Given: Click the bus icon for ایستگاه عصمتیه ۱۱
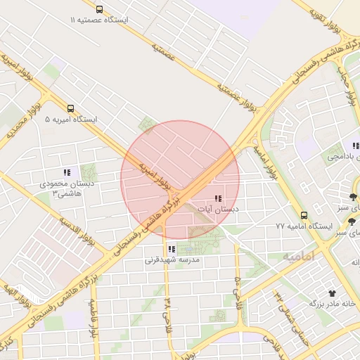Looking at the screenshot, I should click(x=99, y=10).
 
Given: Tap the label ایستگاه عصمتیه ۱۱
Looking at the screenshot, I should click(x=99, y=20).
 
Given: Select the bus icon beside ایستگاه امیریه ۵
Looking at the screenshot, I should click(x=70, y=109).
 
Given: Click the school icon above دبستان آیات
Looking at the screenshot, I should click(x=217, y=198).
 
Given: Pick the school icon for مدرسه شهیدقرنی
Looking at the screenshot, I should click(x=172, y=249).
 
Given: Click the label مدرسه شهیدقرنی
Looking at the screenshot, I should click(x=172, y=260).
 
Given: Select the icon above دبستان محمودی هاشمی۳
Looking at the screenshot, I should click(x=67, y=172).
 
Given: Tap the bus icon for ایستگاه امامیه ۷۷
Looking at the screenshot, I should click(x=304, y=215).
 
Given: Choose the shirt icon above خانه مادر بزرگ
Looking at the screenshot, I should click(x=331, y=292).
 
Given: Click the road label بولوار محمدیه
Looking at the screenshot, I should click(x=20, y=127).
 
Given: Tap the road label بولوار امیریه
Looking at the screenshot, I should click(x=155, y=176).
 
